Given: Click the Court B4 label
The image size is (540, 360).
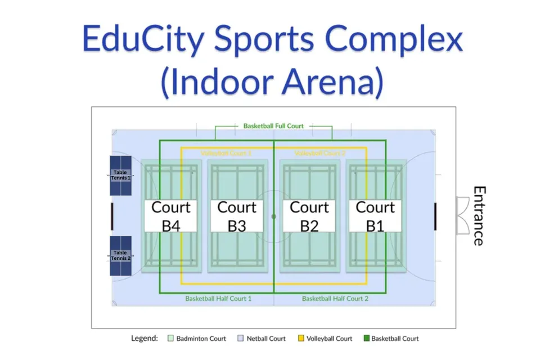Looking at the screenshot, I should pos(171,216).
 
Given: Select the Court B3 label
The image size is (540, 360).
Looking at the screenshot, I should pos(237,216).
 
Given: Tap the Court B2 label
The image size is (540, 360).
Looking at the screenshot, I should pos(309,216).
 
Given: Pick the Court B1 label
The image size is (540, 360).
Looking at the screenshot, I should pos(375,216).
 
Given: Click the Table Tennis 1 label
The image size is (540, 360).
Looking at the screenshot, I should pos(120,175).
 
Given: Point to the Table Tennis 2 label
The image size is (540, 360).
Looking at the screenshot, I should pos(120,255).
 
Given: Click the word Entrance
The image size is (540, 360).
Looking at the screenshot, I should pos(478,216).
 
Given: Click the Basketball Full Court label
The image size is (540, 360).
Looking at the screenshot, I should pos(273,126).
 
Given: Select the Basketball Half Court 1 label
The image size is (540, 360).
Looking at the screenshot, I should pos(218,299).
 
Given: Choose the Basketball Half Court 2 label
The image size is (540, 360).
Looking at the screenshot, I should pos(335,299).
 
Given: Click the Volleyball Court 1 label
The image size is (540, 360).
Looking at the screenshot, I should pos(226,153).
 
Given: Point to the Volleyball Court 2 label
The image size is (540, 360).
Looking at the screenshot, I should pos(319,153).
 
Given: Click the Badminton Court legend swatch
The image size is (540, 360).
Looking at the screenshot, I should pos(170,339).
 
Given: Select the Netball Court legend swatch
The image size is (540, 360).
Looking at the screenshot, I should pos(241,339).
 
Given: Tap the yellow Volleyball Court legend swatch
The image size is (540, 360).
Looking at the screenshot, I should pos(301,339).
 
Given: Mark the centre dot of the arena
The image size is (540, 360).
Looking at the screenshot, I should pos(274,216).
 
